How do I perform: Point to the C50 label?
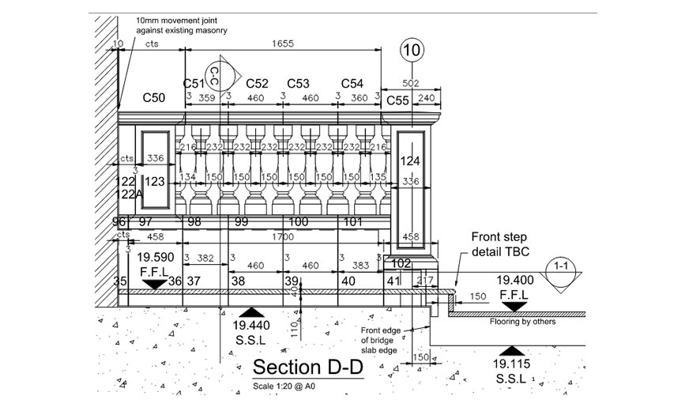(153, 97)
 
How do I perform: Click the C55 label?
(397, 100)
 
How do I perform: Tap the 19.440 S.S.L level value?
(251, 325)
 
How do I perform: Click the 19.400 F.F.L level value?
(514, 280)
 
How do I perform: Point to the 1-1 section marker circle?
(562, 266)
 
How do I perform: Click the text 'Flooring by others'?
(521, 322)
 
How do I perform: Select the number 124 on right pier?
(410, 161)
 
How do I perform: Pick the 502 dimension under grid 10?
(410, 82)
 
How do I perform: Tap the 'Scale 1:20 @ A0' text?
(284, 386)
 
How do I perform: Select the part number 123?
(156, 182)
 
